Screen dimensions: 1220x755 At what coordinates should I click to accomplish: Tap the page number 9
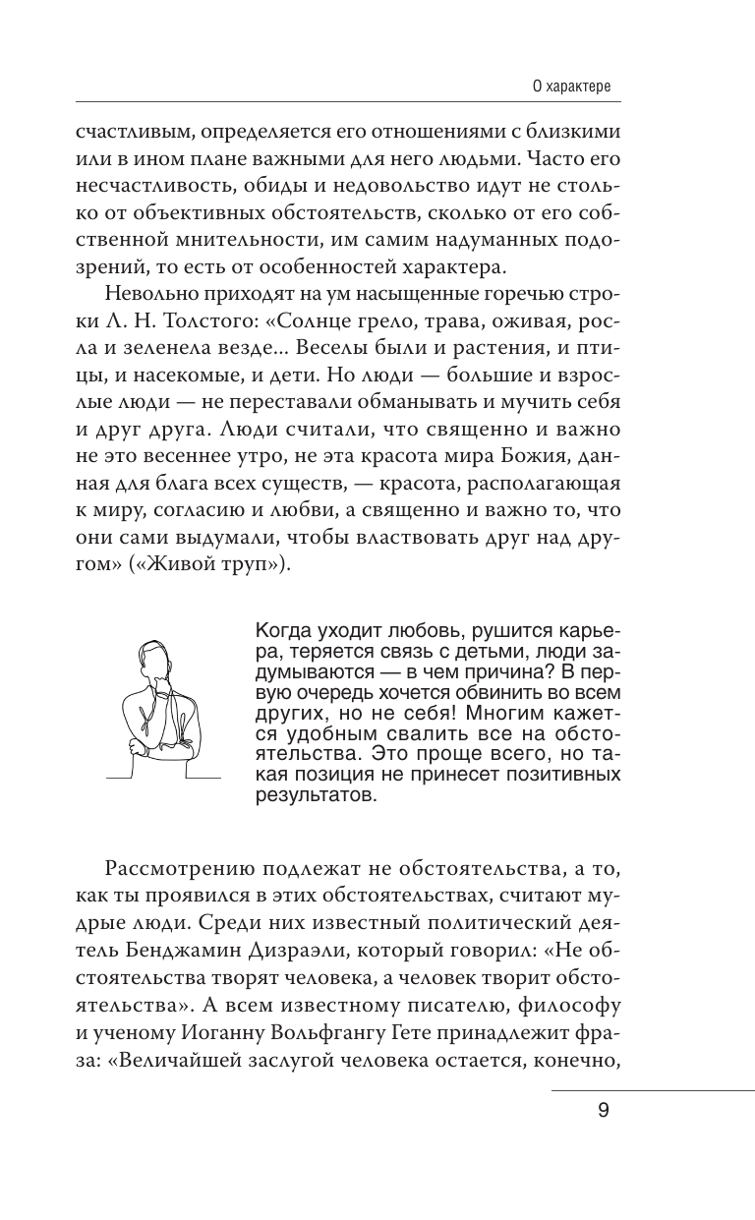[x=603, y=1112]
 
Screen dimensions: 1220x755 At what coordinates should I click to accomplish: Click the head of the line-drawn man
[x=152, y=658]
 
